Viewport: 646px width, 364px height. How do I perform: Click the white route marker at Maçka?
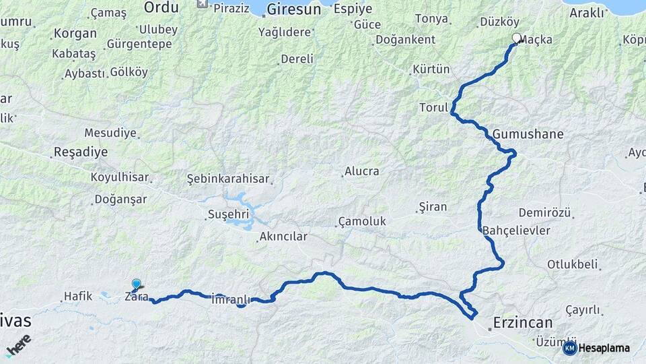[517, 38]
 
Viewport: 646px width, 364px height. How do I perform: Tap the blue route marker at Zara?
[137, 284]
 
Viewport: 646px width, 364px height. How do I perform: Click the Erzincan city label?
[522, 323]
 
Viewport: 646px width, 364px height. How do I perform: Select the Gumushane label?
[528, 134]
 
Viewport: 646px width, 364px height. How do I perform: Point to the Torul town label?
[433, 108]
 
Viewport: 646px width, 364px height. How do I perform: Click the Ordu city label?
[161, 7]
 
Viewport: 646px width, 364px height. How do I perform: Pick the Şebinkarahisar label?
[228, 179]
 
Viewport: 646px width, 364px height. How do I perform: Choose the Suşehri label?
[228, 215]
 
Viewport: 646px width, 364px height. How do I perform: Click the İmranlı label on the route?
[231, 299]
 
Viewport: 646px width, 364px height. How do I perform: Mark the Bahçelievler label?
[516, 231]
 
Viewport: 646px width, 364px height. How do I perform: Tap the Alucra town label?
[361, 172]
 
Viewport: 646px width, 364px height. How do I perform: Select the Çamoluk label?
[362, 222]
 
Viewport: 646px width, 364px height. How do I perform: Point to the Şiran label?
[432, 206]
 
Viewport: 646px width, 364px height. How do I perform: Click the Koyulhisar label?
[119, 177]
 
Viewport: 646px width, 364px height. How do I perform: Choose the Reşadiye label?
[81, 152]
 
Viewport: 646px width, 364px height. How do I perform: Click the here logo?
[18, 344]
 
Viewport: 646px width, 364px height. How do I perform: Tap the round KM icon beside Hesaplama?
[570, 348]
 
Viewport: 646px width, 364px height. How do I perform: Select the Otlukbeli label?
[572, 264]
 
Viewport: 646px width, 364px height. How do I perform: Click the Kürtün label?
[431, 69]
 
